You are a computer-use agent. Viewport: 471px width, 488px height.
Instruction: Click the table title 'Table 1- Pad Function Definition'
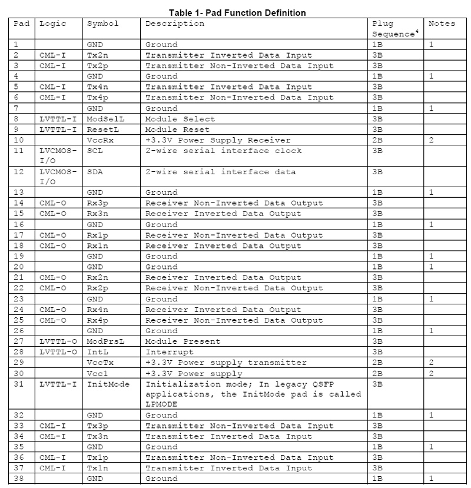pyautogui.click(x=237, y=12)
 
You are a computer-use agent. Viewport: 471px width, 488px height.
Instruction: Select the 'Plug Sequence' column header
pyautogui.click(x=394, y=29)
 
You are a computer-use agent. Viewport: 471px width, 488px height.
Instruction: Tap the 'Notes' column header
pyautogui.click(x=442, y=24)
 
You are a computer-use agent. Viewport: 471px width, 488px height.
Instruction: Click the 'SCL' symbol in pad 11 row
pyautogui.click(x=94, y=151)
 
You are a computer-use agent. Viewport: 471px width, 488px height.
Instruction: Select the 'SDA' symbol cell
pyautogui.click(x=94, y=172)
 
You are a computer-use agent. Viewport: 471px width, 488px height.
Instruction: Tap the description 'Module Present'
pyautogui.click(x=183, y=341)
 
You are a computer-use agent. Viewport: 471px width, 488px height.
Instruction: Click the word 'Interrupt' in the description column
pyautogui.click(x=171, y=351)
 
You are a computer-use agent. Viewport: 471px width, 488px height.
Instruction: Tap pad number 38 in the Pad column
pyautogui.click(x=19, y=479)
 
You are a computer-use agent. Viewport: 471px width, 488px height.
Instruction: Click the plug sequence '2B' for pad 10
pyautogui.click(x=378, y=140)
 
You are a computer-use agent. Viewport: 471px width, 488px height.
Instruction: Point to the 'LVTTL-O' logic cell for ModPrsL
pyautogui.click(x=58, y=341)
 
